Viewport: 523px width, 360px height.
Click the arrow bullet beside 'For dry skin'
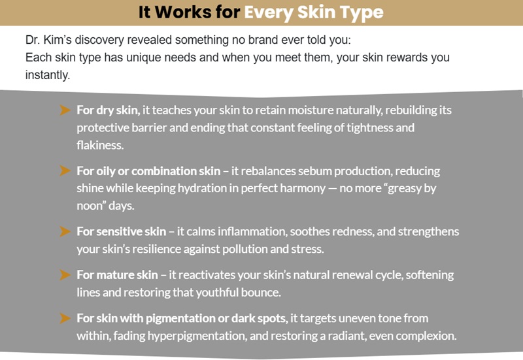tap(64, 110)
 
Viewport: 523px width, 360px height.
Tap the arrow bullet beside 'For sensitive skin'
tap(64, 231)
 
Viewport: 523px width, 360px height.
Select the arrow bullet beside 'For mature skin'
tap(64, 274)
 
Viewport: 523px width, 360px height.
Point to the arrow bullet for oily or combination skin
tap(64, 171)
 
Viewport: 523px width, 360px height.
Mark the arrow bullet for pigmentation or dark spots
tap(64, 318)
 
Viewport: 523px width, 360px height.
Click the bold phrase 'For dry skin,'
tap(108, 110)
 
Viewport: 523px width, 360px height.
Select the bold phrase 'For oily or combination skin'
tap(148, 171)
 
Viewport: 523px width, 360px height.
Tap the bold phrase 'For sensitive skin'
tap(122, 232)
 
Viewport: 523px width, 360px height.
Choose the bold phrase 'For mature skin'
tap(117, 275)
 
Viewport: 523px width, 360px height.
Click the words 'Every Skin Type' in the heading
tap(323, 12)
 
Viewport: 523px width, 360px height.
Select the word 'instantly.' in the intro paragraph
tap(47, 76)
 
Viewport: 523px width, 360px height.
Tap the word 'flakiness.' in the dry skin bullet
tap(100, 145)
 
